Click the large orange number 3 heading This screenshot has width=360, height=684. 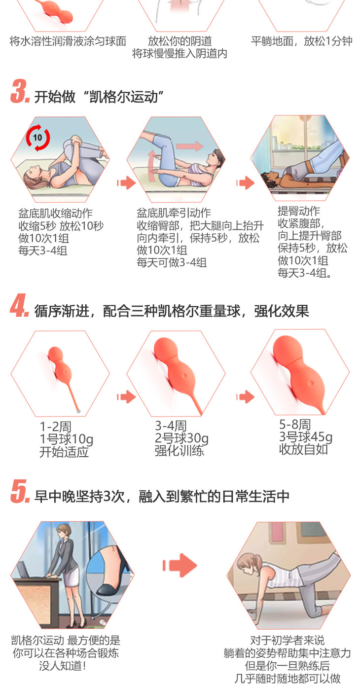20,91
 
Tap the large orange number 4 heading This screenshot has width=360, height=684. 20,305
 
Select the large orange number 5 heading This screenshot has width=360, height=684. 20,491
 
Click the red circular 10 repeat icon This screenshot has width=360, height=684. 38,138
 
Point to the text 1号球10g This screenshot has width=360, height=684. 66,439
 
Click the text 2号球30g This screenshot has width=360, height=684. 181,438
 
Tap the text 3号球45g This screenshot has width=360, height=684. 306,436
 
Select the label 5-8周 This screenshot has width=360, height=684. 295,424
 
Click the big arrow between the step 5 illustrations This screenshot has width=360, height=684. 180,565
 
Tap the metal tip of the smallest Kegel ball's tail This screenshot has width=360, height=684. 78,411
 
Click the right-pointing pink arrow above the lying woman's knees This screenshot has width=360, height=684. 190,146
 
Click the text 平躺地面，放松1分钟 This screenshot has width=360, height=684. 302,41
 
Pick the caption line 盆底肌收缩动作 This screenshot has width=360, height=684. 55,213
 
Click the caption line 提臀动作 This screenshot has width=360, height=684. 299,211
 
